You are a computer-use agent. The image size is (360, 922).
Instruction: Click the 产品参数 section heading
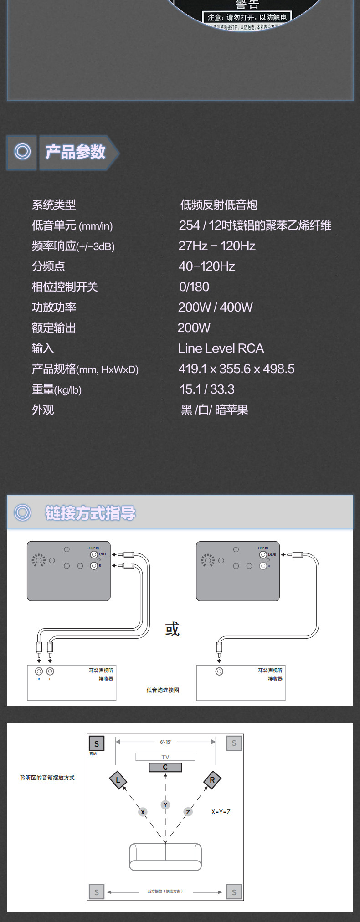click(75, 152)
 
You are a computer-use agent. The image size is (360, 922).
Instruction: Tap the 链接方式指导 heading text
click(90, 513)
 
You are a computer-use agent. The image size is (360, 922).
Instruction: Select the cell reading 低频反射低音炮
click(219, 205)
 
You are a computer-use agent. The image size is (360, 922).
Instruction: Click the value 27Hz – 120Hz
click(217, 246)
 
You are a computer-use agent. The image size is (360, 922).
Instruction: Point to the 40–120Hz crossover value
click(207, 266)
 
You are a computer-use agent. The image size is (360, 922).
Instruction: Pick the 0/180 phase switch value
click(194, 287)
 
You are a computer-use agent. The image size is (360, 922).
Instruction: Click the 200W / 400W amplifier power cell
click(215, 307)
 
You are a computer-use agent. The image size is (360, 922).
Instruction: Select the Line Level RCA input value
click(221, 348)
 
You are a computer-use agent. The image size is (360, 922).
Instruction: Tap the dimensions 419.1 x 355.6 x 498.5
click(237, 369)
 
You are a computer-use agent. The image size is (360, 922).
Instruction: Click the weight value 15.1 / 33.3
click(207, 389)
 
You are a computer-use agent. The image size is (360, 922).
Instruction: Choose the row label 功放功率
click(54, 307)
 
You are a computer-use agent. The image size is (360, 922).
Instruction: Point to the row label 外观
click(43, 410)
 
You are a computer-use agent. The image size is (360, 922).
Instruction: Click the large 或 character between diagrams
click(172, 629)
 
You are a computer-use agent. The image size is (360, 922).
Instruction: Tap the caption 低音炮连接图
click(163, 690)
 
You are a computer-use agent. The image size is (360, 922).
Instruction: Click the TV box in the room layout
click(165, 757)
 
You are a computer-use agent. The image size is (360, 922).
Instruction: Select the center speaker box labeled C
click(165, 767)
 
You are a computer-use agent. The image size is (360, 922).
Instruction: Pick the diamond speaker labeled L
click(118, 780)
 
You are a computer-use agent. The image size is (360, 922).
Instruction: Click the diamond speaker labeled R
click(212, 780)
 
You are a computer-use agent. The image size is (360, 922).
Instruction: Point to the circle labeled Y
click(165, 805)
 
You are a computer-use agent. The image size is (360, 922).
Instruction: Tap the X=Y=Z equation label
click(221, 812)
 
